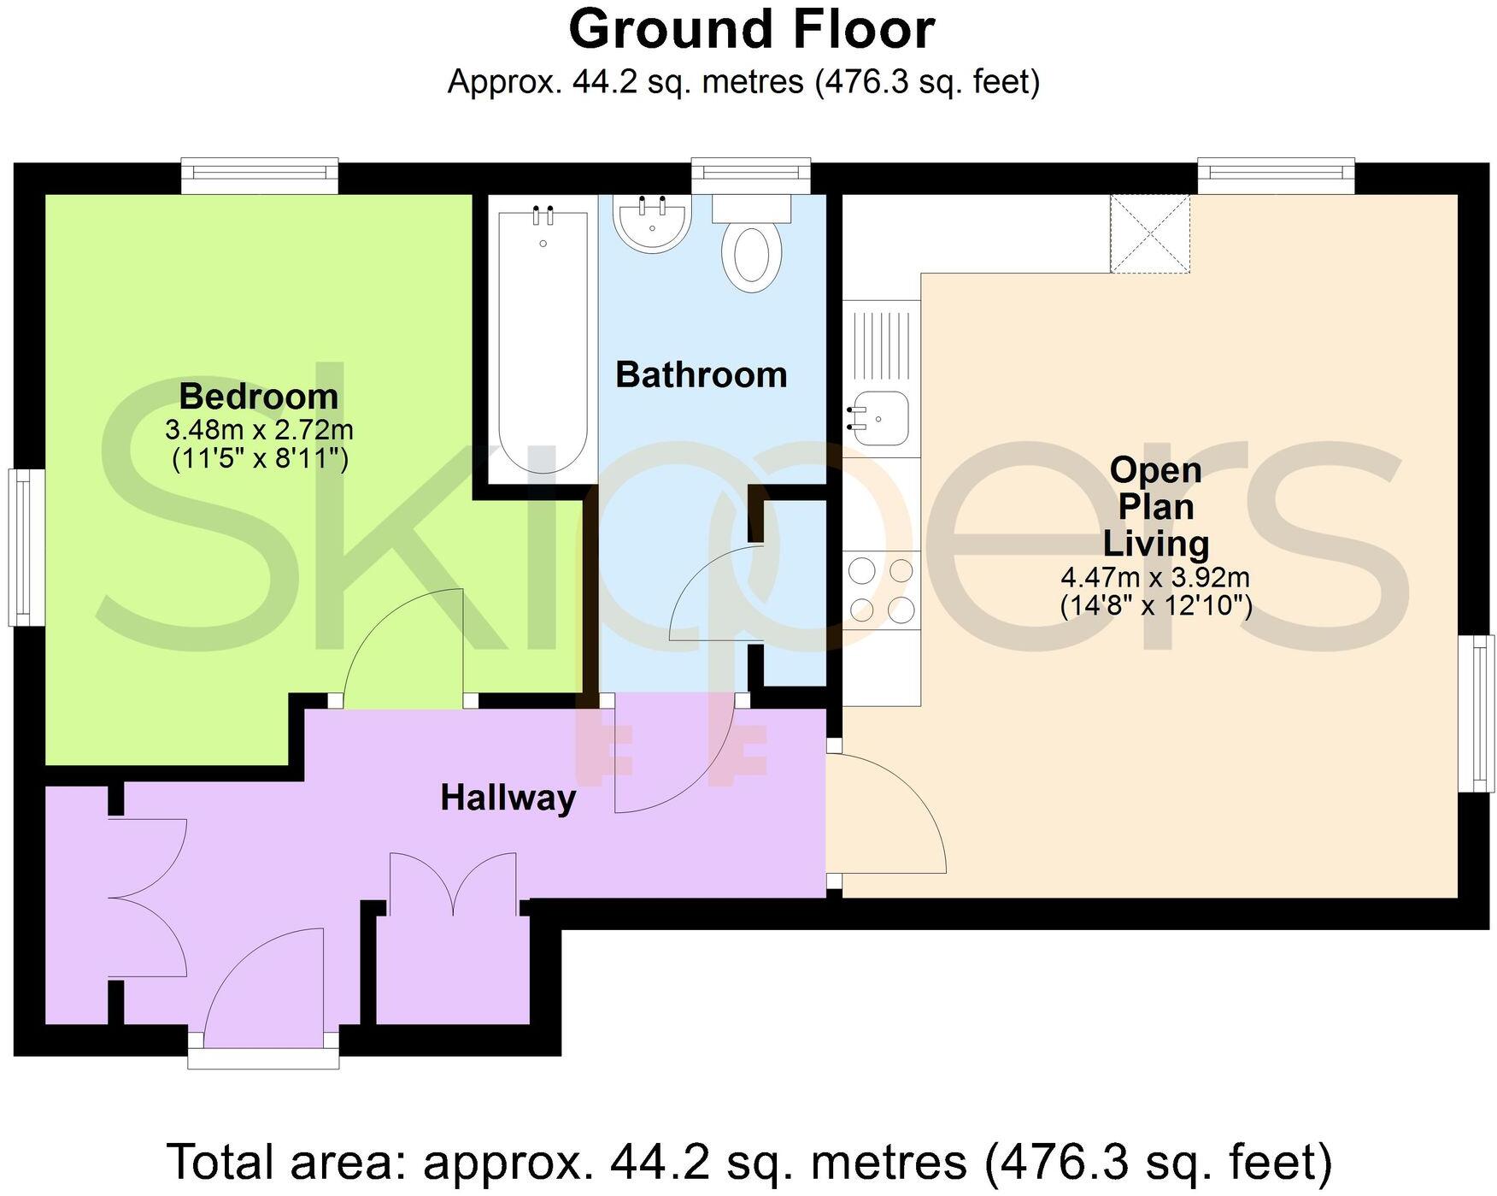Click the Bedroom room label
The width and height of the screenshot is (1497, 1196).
[x=259, y=397]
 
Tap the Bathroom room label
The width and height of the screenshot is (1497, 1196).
[x=701, y=375]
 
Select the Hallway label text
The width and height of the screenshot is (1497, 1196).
[x=508, y=798]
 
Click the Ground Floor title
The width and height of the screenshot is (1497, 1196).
[x=751, y=30]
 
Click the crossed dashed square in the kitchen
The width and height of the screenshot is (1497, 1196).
[x=1150, y=234]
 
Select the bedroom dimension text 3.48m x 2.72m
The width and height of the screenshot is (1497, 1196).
[x=259, y=429]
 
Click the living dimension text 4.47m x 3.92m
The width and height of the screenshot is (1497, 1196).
[x=1155, y=577]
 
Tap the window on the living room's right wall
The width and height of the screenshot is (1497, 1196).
[x=1477, y=713]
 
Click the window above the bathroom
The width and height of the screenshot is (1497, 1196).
[x=751, y=174]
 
